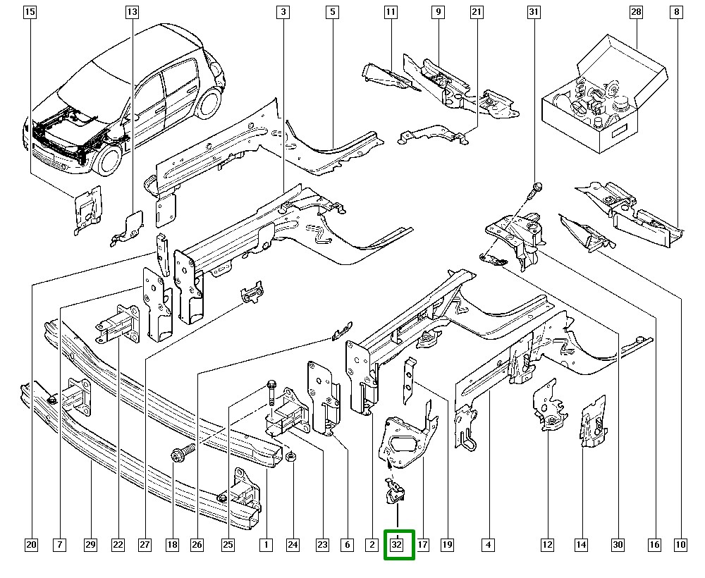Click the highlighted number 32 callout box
pos(398,544)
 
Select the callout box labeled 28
pos(637,12)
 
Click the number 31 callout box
pos(534,12)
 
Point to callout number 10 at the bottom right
pos(680,544)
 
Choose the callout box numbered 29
pos(90,544)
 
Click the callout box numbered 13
pos(133,12)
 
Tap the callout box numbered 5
pos(332,12)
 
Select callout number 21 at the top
pos(477,12)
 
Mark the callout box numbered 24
pos(293,544)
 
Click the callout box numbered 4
pos(488,544)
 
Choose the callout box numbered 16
pos(655,544)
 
